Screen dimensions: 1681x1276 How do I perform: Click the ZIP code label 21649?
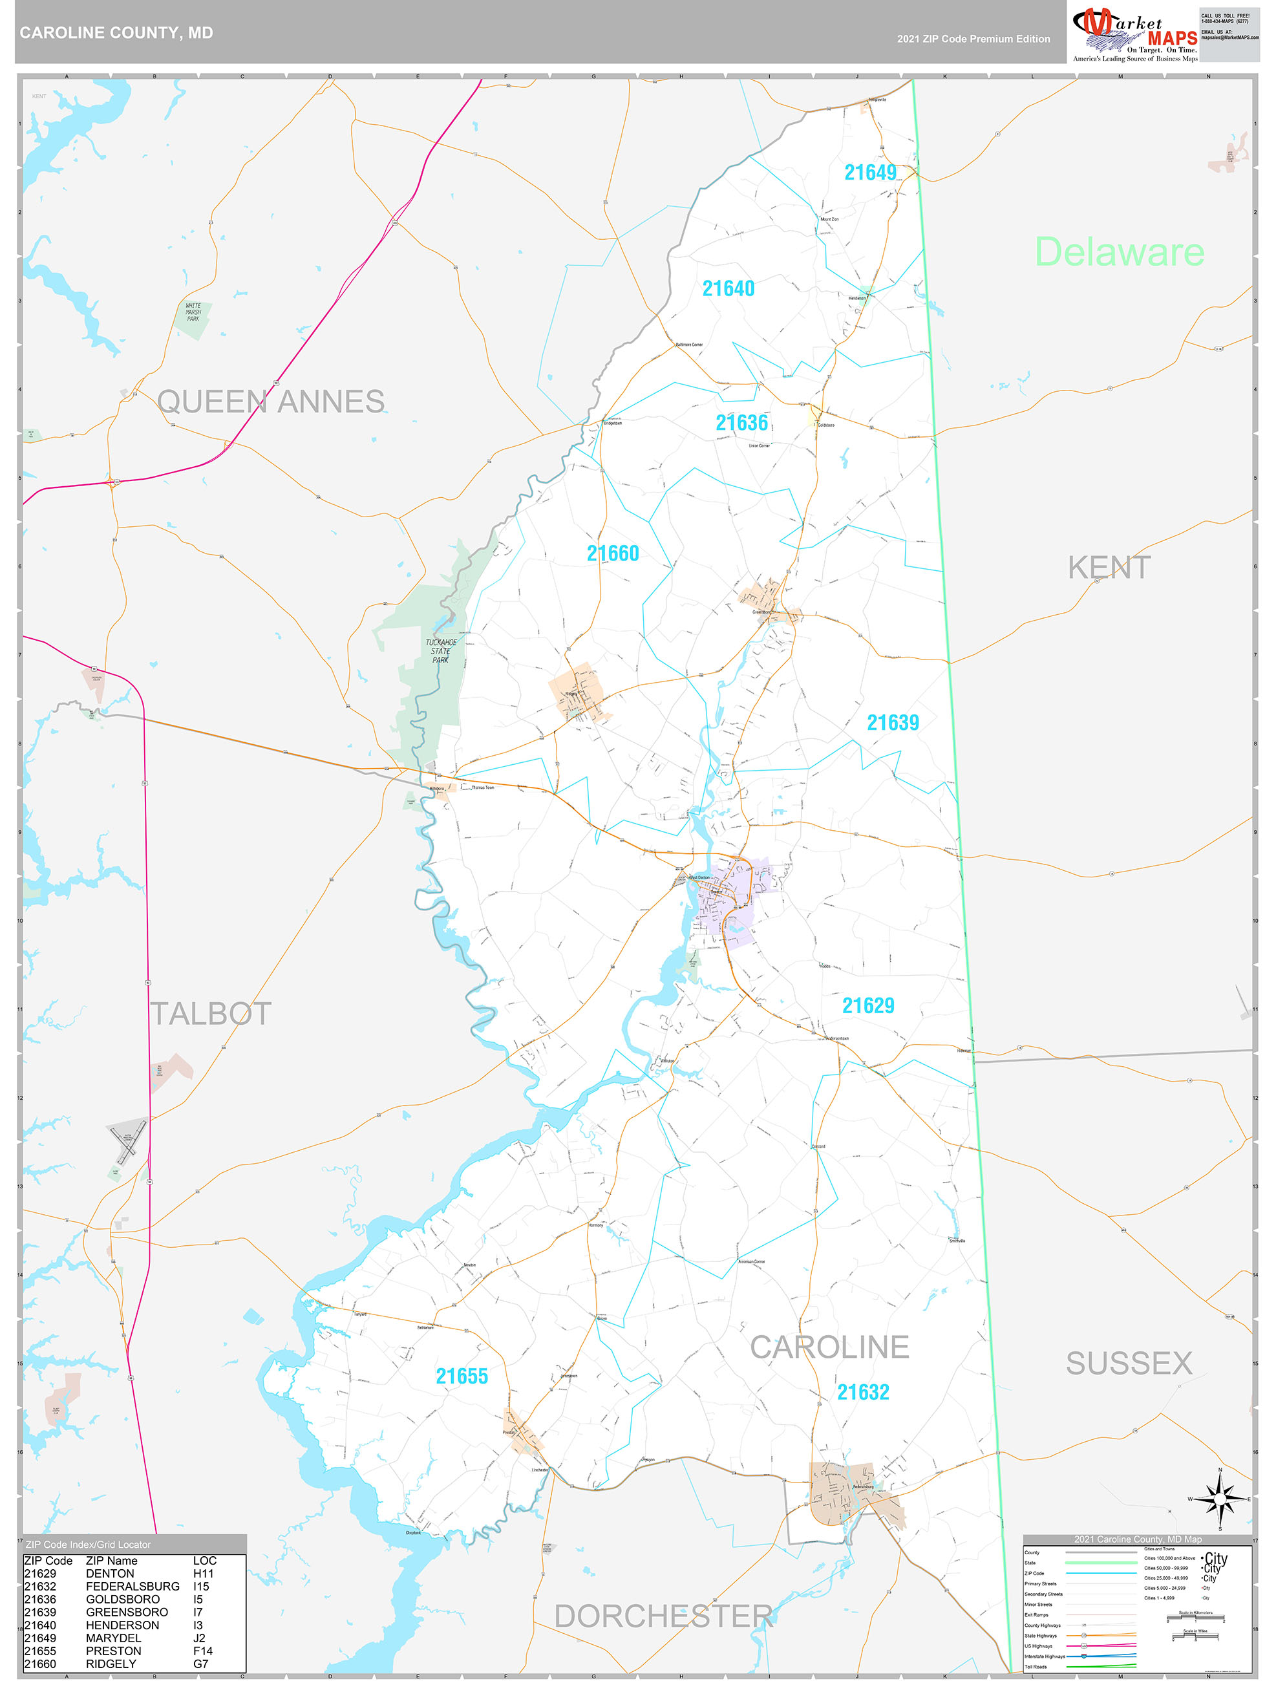(x=870, y=173)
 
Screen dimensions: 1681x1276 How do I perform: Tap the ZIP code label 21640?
(x=728, y=289)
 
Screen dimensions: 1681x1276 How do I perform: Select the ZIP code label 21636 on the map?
(x=741, y=423)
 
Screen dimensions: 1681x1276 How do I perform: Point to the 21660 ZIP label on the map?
(x=613, y=553)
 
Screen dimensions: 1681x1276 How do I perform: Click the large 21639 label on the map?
(x=893, y=723)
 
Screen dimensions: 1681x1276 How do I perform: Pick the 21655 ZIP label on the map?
(x=462, y=1376)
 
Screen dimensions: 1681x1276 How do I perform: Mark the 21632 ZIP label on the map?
(x=862, y=1392)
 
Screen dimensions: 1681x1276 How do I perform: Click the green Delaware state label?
(x=1119, y=252)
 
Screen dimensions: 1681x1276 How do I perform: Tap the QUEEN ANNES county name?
(x=271, y=402)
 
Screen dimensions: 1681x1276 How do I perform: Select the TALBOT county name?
(x=211, y=1014)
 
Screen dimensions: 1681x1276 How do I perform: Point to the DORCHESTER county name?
(x=663, y=1616)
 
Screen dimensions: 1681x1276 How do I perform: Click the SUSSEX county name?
(x=1129, y=1364)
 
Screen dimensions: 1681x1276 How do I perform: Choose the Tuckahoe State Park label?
(x=441, y=651)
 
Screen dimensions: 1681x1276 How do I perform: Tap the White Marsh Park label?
(x=194, y=312)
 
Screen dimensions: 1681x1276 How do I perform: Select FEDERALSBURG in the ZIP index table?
(x=133, y=1587)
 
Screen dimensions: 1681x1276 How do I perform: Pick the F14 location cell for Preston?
(x=203, y=1651)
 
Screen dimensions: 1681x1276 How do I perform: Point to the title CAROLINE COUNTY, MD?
(x=116, y=33)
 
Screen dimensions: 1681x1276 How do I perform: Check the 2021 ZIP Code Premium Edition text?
(x=973, y=39)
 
